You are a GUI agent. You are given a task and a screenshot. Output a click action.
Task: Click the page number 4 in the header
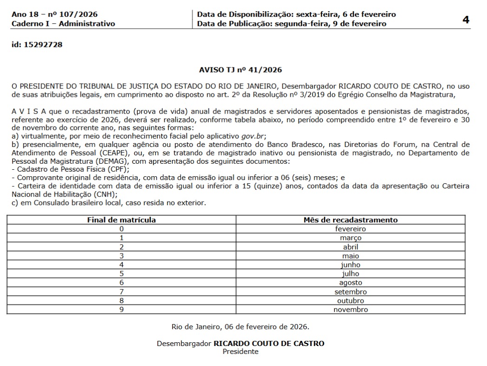click(466, 20)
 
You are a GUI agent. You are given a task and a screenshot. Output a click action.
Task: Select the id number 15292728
click(45, 45)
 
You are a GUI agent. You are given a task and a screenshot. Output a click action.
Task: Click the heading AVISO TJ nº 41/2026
click(240, 70)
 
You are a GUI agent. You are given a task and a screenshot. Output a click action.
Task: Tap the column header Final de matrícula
click(121, 220)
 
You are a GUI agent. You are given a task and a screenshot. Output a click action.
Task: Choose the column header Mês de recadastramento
click(350, 220)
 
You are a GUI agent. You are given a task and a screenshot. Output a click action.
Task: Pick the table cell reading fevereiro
click(350, 229)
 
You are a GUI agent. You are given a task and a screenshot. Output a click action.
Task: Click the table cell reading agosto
click(350, 283)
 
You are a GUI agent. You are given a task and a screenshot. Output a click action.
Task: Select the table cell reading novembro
click(350, 310)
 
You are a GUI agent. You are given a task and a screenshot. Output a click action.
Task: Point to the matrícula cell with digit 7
click(121, 292)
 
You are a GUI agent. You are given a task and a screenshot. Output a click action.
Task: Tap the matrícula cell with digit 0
click(121, 229)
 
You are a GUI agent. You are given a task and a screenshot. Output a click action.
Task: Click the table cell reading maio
click(350, 256)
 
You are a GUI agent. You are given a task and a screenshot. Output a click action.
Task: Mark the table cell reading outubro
click(350, 301)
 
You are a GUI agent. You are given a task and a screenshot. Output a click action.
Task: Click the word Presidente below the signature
click(240, 352)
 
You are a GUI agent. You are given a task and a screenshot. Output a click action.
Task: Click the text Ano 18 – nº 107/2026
click(55, 14)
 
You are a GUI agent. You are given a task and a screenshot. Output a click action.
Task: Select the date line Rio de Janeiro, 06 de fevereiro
click(240, 326)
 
